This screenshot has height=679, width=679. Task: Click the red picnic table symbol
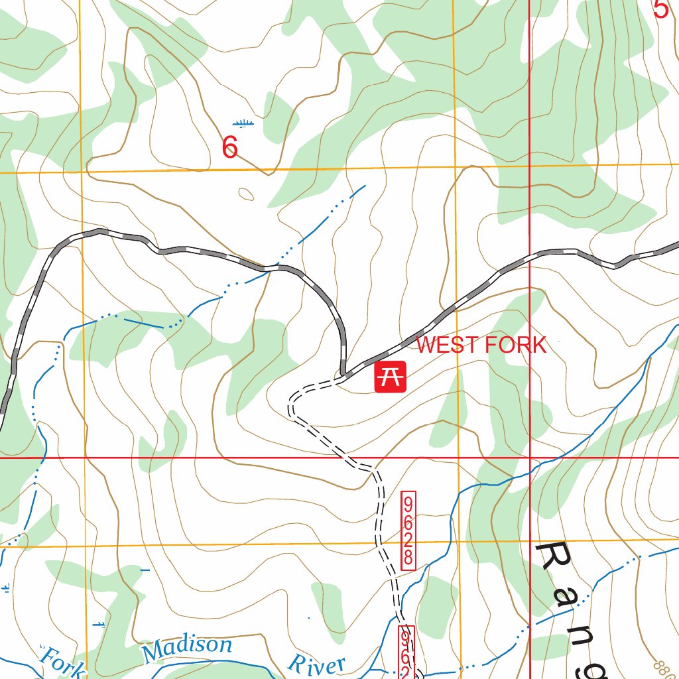pos(390,377)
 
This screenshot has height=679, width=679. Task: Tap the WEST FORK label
pos(481,345)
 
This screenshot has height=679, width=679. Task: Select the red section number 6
pos(229,147)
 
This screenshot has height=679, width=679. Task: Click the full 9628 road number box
pos(408,530)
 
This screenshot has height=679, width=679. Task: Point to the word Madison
pos(188,648)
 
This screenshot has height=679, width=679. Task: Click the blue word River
pos(316,662)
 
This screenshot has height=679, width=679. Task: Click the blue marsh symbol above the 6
pos(243,123)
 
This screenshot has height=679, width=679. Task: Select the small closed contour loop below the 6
pos(246,194)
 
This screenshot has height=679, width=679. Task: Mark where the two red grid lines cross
pos(530,458)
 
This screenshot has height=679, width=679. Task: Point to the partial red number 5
pos(660,9)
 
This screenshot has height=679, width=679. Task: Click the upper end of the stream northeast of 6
pos(364,186)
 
